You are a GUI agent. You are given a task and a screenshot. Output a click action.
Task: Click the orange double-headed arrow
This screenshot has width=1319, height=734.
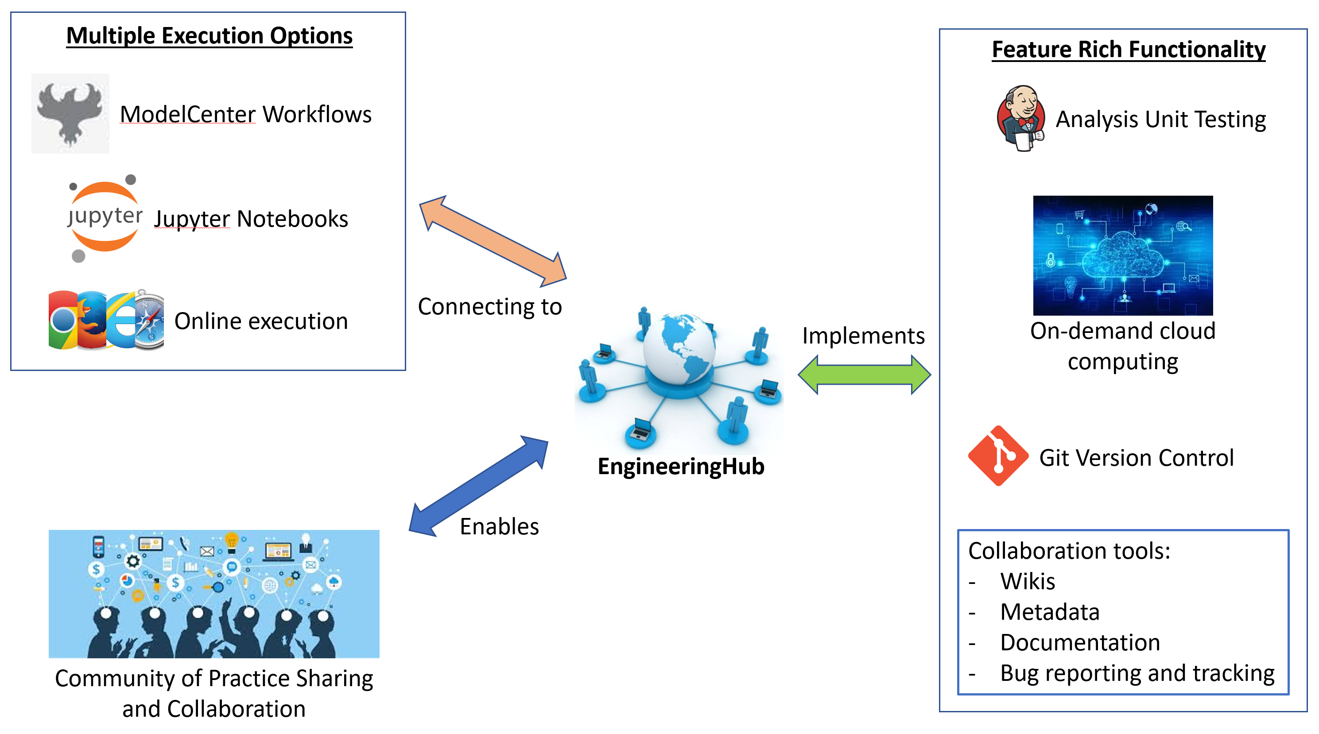point(493,241)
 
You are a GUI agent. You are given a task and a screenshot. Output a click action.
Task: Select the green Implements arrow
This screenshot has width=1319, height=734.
point(864,375)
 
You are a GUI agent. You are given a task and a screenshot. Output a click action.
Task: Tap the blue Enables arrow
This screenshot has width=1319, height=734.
point(478,486)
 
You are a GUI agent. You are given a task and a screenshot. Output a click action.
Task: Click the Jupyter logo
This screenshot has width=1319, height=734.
point(105,217)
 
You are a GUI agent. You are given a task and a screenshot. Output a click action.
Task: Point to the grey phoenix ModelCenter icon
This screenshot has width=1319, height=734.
point(70,113)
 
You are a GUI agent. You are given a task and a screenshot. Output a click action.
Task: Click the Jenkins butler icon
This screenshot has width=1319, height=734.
point(1020,118)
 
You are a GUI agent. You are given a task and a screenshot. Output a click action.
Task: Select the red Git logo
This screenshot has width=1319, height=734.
point(998,456)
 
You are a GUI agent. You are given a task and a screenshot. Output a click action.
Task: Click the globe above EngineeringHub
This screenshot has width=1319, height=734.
point(679,348)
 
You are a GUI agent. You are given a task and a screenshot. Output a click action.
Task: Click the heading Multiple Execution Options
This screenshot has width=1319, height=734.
point(209,36)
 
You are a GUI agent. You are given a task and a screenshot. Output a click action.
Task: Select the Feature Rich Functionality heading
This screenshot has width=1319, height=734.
point(1128,50)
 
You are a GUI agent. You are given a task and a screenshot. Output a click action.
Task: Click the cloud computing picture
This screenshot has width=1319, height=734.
point(1122,255)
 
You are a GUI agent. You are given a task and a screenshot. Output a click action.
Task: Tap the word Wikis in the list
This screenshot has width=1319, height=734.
point(1027,581)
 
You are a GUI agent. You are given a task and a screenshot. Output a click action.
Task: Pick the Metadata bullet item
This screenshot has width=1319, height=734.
point(1050,612)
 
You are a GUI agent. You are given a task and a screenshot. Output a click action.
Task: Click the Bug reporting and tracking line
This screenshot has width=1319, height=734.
point(1137,674)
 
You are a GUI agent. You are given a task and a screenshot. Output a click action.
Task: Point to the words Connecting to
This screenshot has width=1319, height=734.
point(489,307)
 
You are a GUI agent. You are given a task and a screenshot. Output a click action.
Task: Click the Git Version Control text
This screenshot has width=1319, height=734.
point(1136,458)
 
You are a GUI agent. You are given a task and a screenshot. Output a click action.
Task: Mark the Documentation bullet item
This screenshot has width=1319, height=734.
point(1080,643)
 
